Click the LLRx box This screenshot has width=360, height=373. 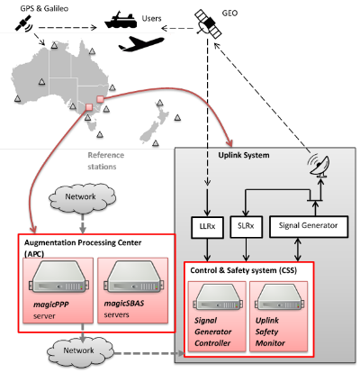[207, 227]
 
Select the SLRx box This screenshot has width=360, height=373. [246, 227]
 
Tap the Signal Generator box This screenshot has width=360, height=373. [309, 226]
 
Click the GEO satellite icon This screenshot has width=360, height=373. [209, 24]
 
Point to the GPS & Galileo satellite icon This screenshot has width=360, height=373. [24, 23]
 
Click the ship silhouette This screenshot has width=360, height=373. [120, 20]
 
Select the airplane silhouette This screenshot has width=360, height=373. [141, 43]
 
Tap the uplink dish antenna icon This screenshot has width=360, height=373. [319, 165]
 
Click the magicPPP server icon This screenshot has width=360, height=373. [58, 277]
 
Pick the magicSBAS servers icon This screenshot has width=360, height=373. [133, 277]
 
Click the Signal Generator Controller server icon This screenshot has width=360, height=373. [217, 297]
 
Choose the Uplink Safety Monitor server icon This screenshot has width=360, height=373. [279, 297]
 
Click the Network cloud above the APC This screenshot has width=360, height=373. [82, 197]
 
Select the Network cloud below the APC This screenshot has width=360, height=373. [80, 351]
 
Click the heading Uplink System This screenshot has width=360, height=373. [244, 155]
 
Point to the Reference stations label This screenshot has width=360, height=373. [105, 161]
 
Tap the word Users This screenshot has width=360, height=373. [151, 19]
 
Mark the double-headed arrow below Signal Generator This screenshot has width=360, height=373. [298, 250]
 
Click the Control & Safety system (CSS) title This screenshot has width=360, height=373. [244, 270]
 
